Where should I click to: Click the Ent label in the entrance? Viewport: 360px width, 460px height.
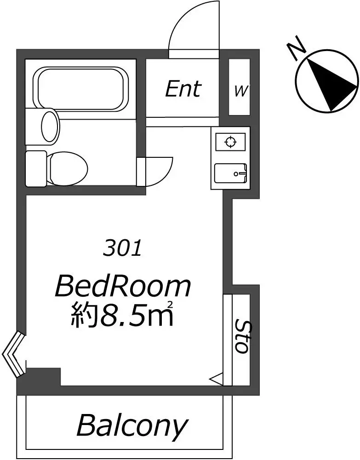(x=183, y=89)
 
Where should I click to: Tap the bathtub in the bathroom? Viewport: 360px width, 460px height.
(x=83, y=89)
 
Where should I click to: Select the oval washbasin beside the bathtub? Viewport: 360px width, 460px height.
(x=50, y=127)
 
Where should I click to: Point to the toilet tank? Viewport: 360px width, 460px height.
(x=36, y=169)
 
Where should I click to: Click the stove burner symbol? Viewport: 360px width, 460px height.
(x=230, y=142)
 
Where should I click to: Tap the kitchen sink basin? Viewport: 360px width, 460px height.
(x=231, y=173)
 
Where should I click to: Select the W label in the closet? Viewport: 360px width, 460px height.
(x=240, y=91)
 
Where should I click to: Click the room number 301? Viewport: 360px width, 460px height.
(x=123, y=248)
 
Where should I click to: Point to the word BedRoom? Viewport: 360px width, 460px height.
(x=123, y=286)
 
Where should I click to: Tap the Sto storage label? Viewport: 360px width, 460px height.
(x=242, y=337)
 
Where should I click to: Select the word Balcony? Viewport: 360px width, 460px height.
(x=132, y=425)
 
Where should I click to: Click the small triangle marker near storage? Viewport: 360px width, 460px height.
(x=217, y=379)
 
